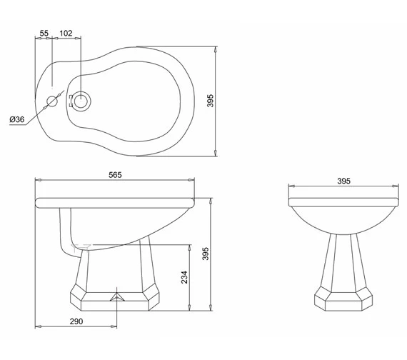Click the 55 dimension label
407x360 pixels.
pos(44,34)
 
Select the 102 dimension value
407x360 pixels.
pos(66,34)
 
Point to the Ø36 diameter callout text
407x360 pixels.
pos(17,119)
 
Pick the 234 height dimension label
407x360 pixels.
pos(184,278)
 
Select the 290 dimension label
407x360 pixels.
pos(76,321)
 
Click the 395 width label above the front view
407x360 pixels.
pos(343,182)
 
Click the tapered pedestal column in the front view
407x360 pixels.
pos(343,261)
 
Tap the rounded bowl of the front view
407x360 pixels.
pos(343,218)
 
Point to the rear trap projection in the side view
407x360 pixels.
pos(68,229)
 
